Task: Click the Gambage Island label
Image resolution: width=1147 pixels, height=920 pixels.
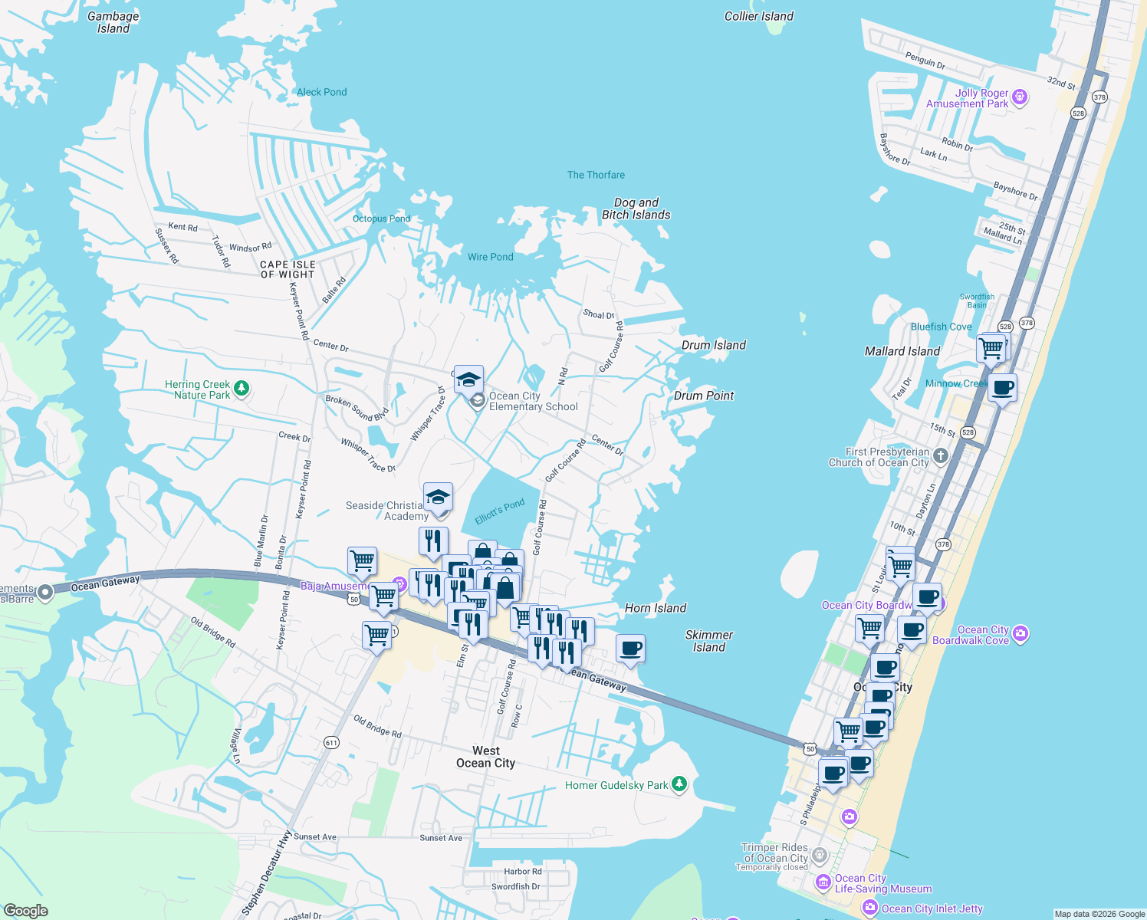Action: point(113,22)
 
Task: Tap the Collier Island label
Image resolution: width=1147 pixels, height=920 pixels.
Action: point(758,16)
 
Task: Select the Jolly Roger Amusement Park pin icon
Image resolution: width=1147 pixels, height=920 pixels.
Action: point(1019,97)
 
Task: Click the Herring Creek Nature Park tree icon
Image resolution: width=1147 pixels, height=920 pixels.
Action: point(242,389)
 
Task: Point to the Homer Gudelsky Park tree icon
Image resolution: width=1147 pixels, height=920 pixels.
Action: point(679,784)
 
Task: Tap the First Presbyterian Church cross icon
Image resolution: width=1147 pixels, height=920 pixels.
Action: point(941,456)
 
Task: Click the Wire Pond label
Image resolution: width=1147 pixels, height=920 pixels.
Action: point(490,257)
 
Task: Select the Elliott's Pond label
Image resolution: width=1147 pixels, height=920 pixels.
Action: point(499,511)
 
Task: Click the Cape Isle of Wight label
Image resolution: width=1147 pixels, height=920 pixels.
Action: point(288,269)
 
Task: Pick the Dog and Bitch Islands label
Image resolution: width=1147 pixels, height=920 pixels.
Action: point(636,209)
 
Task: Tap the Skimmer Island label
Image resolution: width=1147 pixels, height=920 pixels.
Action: point(708,641)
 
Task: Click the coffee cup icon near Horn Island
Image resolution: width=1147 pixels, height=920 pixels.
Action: point(630,649)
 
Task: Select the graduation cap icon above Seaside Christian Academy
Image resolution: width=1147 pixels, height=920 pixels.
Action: point(438,497)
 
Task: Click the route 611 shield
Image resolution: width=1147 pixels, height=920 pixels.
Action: point(331,742)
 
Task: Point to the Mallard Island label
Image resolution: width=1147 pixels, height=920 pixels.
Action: point(902,351)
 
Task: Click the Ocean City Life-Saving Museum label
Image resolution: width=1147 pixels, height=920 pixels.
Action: point(882,884)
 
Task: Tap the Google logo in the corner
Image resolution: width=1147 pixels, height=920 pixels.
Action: point(25,910)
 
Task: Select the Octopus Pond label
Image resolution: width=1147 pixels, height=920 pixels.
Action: point(381,219)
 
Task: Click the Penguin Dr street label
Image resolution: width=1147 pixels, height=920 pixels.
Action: point(925,61)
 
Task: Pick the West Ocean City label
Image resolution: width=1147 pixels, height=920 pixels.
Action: point(485,757)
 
